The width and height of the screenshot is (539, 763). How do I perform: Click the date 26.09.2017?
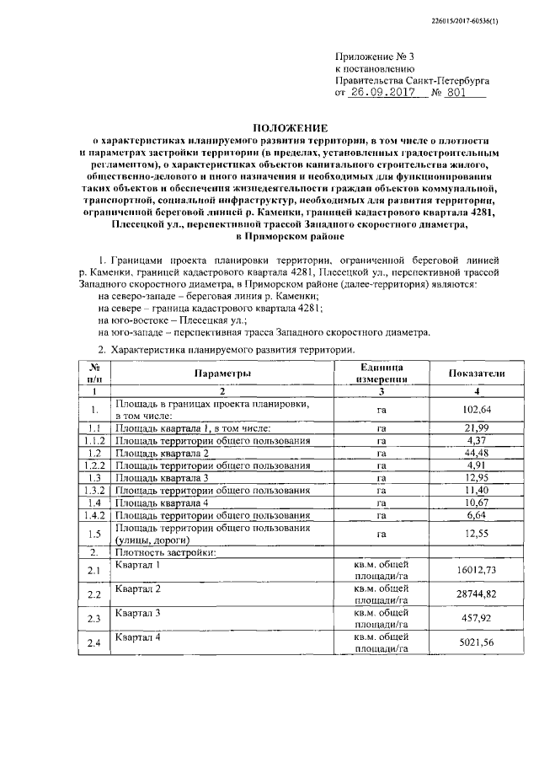click(386, 94)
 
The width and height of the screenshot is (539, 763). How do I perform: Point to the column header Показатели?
click(477, 373)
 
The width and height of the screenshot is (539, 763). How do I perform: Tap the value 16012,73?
click(477, 571)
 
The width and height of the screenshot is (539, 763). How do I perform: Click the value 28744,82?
click(477, 594)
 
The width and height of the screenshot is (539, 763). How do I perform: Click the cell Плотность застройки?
click(166, 552)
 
